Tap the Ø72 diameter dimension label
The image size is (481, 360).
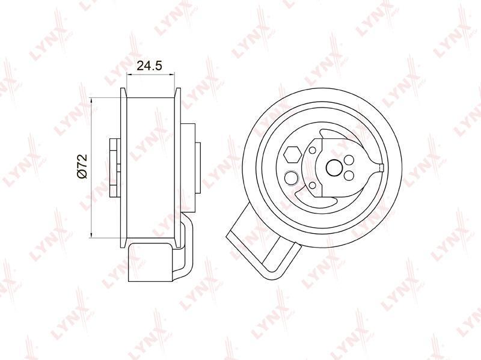82,166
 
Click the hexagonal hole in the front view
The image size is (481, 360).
292,154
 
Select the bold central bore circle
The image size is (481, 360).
334,167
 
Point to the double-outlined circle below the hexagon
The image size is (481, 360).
292,178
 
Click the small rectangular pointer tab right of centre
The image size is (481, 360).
381,167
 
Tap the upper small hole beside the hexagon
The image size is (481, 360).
313,151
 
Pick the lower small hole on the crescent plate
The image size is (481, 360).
313,185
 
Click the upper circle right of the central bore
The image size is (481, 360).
349,160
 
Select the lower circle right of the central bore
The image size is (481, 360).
349,175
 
